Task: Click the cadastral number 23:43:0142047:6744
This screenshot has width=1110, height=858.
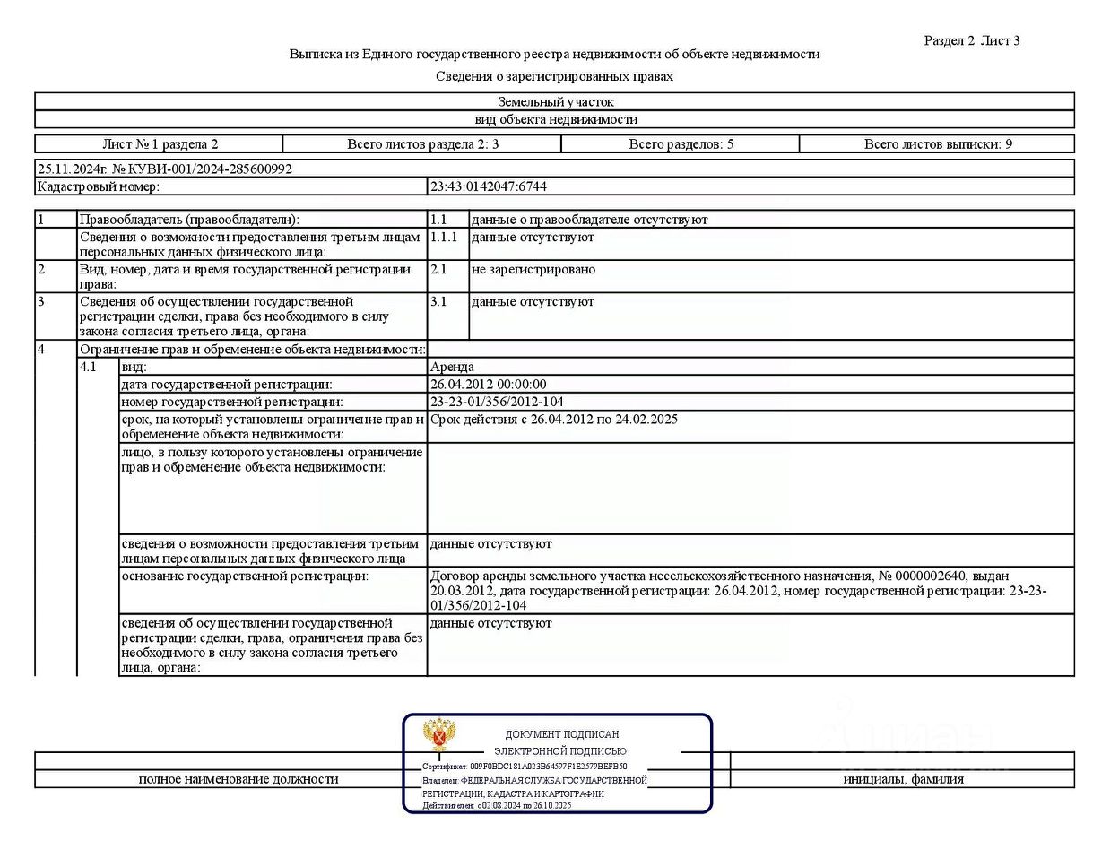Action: point(489,186)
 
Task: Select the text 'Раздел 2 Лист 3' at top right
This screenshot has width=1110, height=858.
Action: point(971,40)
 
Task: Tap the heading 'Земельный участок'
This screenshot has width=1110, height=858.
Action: point(556,102)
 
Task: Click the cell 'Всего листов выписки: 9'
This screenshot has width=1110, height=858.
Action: point(938,144)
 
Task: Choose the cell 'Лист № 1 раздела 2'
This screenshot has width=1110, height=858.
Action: point(160,144)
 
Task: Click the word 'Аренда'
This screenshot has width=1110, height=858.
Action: point(452,367)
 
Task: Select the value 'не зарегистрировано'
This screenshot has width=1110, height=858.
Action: point(533,270)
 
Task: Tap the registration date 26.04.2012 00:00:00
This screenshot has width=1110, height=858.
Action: point(488,385)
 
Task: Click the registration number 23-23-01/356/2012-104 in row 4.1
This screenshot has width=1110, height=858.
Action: point(497,402)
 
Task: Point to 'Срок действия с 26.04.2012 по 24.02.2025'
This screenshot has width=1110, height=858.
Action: point(553,420)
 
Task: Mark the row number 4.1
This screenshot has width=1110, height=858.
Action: point(88,367)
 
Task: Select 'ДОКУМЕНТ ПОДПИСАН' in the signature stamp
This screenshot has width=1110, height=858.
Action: point(561,734)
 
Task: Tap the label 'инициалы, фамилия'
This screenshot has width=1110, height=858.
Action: point(903,779)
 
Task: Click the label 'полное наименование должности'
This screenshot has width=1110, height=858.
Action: point(238,779)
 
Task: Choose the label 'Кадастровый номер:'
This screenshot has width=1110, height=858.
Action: point(98,186)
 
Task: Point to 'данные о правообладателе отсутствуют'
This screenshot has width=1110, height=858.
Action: point(589,220)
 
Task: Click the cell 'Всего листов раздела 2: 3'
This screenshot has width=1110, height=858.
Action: point(422,144)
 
